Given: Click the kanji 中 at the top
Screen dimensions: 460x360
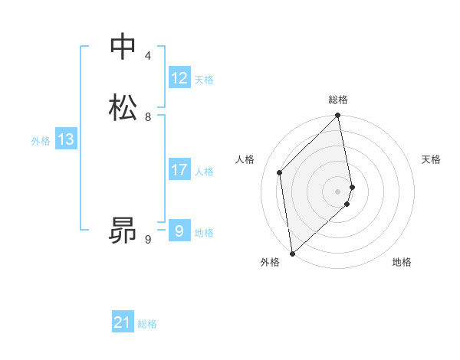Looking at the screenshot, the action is tap(123, 47).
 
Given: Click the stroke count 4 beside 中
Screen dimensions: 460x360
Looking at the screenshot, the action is tap(148, 57).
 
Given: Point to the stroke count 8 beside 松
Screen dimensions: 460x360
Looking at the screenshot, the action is tap(148, 117).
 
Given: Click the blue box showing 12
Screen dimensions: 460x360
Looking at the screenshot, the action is tap(179, 78).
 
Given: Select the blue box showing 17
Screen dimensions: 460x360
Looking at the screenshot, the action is tap(179, 170).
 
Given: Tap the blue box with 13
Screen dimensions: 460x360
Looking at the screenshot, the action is tap(66, 140).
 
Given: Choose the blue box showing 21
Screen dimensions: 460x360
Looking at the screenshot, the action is tap(123, 323).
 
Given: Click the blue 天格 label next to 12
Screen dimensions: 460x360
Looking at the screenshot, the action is tap(204, 80).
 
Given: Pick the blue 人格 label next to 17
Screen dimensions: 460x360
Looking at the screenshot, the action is tap(204, 172).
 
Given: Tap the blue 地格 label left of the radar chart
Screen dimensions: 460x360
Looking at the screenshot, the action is tap(204, 233).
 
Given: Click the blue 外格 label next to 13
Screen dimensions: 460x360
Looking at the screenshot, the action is tap(41, 141).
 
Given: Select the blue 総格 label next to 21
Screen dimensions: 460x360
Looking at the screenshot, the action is tap(147, 325).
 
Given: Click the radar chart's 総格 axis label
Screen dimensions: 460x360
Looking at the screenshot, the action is tap(338, 100).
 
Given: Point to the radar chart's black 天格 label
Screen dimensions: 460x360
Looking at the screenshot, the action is tap(431, 159).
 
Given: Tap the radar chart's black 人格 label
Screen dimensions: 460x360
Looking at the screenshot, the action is tap(245, 159).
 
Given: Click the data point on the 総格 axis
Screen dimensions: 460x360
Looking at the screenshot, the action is tap(338, 116).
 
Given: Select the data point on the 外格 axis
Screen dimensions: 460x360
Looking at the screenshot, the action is tap(291, 253).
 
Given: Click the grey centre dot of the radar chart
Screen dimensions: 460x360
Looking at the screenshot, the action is tap(338, 191).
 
